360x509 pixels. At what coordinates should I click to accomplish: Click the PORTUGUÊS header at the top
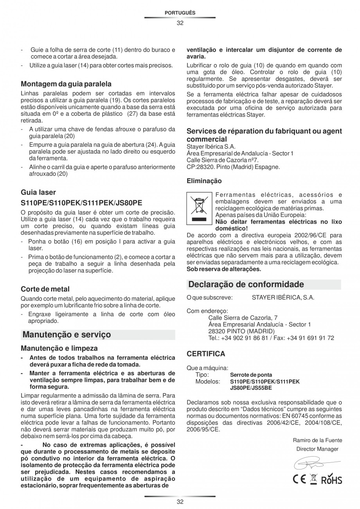point(180,13)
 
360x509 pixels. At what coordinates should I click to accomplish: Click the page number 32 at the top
point(180,23)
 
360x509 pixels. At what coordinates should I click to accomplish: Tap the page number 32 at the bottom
point(180,502)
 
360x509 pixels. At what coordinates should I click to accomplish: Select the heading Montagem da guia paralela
point(66,84)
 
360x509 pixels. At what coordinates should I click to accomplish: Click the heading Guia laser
point(38,192)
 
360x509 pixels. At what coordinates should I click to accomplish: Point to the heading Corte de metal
point(45,289)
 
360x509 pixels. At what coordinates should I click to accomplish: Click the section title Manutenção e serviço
point(67,335)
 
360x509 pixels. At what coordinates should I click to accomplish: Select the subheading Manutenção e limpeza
point(59,348)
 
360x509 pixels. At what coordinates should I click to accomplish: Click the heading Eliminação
point(204,181)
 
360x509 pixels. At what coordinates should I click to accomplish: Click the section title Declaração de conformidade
point(246,284)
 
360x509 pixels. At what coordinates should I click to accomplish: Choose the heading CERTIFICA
point(206,354)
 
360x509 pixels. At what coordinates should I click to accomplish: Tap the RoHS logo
point(332,480)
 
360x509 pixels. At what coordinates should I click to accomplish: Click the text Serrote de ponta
point(251,375)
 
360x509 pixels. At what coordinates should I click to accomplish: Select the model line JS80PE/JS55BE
point(251,388)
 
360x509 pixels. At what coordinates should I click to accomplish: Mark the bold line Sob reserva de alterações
point(224,269)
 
